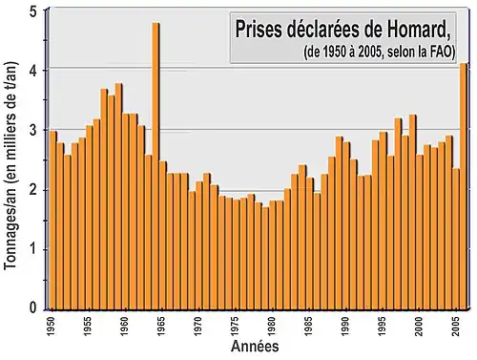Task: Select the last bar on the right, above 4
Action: (464, 181)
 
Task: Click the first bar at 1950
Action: (53, 220)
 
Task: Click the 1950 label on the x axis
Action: (52, 326)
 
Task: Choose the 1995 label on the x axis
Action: (383, 326)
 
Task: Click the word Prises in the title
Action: (259, 29)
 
